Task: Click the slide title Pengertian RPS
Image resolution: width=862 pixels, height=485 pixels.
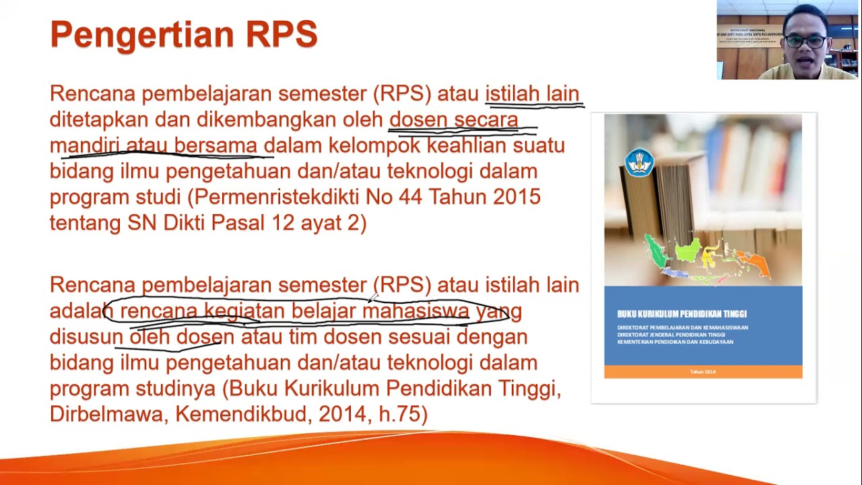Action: (x=183, y=34)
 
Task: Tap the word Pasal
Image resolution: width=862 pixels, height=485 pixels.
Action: (x=240, y=223)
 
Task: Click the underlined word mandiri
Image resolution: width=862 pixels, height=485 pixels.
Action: (x=84, y=145)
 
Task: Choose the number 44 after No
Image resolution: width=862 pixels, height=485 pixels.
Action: (x=410, y=197)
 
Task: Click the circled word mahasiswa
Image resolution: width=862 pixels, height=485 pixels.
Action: (x=416, y=311)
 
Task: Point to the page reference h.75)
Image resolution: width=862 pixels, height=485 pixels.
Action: (x=403, y=414)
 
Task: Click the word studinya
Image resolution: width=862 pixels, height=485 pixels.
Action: (x=176, y=389)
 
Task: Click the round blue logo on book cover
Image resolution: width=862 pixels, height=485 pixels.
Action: (x=638, y=162)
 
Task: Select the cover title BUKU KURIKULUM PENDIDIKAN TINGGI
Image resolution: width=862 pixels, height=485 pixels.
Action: (x=682, y=314)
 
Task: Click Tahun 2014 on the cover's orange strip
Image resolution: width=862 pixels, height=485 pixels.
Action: (x=702, y=372)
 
